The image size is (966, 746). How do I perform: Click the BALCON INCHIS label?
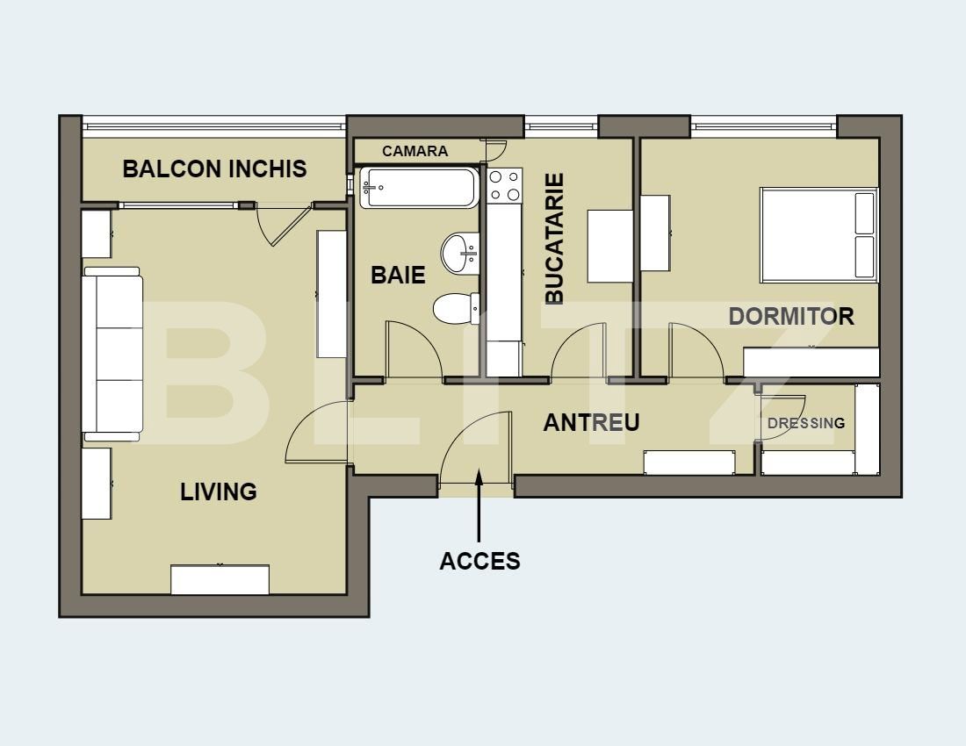click(x=214, y=169)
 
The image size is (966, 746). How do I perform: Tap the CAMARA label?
click(x=415, y=151)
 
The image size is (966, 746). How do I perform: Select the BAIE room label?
click(x=398, y=275)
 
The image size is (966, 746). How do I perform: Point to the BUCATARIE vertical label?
click(x=554, y=239)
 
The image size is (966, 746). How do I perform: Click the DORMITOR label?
click(x=791, y=316)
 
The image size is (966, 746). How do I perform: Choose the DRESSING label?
click(x=806, y=424)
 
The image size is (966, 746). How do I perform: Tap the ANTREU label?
click(x=591, y=423)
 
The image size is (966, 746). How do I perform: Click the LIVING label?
click(x=218, y=491)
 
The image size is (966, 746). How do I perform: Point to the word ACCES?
click(x=479, y=561)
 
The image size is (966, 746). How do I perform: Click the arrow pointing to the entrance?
click(x=479, y=505)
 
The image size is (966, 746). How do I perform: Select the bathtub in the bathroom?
click(x=420, y=187)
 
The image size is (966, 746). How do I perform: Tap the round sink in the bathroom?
click(x=459, y=253)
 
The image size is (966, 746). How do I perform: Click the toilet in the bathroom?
click(x=456, y=308)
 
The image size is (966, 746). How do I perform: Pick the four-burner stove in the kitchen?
click(x=504, y=186)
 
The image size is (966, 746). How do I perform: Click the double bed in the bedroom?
click(x=818, y=235)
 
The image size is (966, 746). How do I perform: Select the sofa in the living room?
click(x=112, y=354)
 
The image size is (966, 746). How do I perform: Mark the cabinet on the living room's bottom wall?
click(x=220, y=579)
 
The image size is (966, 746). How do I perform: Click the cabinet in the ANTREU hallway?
click(x=689, y=463)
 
